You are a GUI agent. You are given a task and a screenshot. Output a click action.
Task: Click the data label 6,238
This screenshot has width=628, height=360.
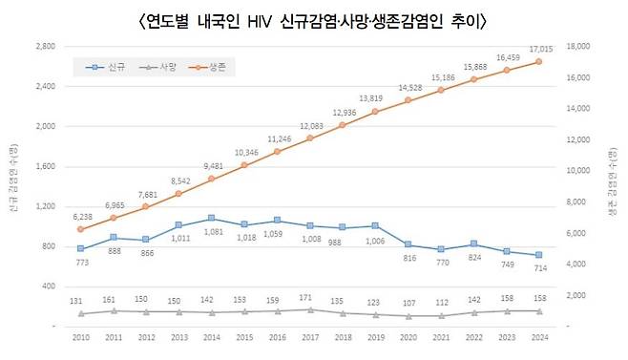(81, 217)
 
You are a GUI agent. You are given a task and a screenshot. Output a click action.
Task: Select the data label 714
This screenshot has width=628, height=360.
(540, 268)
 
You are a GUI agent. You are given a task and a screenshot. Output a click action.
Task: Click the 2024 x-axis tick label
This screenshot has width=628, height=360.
(539, 337)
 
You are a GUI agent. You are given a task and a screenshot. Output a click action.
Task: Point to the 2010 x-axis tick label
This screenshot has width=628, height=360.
(81, 337)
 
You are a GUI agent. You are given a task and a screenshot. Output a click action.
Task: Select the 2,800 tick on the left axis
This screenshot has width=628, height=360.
(45, 46)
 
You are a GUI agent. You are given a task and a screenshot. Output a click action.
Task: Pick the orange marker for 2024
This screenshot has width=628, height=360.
(539, 62)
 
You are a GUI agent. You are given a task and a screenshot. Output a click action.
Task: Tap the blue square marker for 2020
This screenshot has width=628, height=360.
(408, 244)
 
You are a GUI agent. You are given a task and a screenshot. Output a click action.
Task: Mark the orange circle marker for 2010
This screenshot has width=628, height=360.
(81, 229)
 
